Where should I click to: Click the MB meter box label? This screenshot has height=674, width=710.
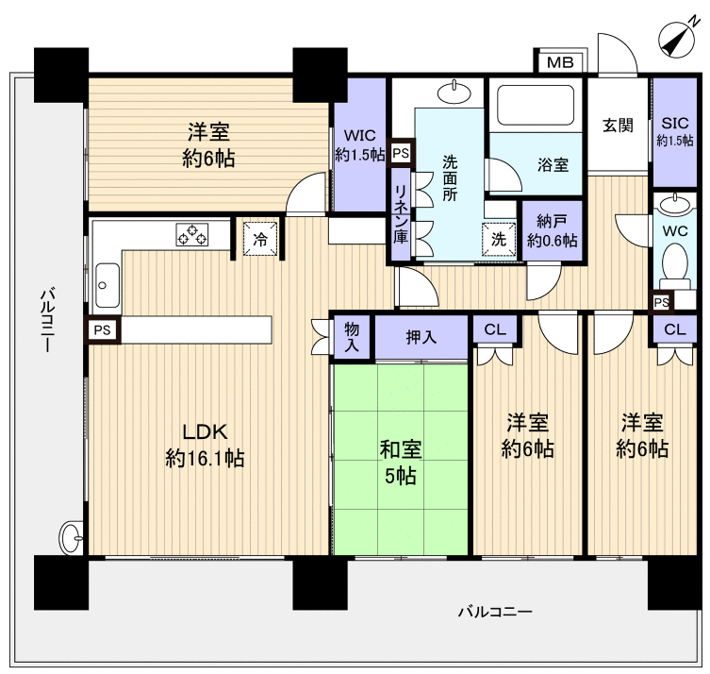(560, 63)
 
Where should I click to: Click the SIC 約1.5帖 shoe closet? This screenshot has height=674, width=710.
(674, 131)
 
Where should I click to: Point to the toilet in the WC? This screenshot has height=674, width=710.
(674, 264)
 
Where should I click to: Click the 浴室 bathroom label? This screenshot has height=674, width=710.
(553, 164)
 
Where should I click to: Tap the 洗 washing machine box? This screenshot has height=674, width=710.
(499, 238)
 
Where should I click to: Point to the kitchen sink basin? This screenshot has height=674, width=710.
(105, 281)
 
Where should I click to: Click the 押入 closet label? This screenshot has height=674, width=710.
(421, 336)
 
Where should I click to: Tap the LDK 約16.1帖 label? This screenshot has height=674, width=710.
(205, 446)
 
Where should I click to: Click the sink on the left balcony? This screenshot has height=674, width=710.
(72, 537)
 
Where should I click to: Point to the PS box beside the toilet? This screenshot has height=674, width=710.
(661, 302)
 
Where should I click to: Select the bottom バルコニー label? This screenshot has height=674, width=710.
(495, 612)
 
